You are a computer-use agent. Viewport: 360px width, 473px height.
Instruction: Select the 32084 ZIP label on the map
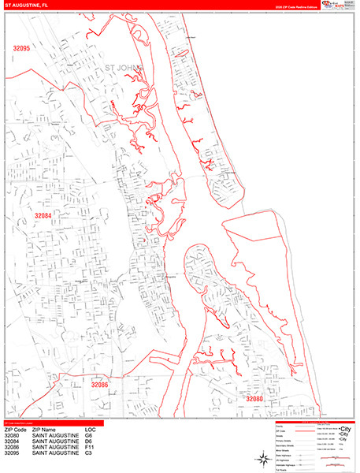(x=43, y=215)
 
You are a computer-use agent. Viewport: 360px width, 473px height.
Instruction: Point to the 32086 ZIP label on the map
(x=99, y=385)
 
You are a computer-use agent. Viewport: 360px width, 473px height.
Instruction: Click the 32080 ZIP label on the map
(x=254, y=400)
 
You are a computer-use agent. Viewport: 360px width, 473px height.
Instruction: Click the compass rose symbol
(x=261, y=460)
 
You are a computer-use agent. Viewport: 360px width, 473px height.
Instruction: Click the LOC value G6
(x=89, y=436)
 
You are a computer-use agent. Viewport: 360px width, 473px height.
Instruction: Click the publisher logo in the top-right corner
(x=337, y=4)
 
